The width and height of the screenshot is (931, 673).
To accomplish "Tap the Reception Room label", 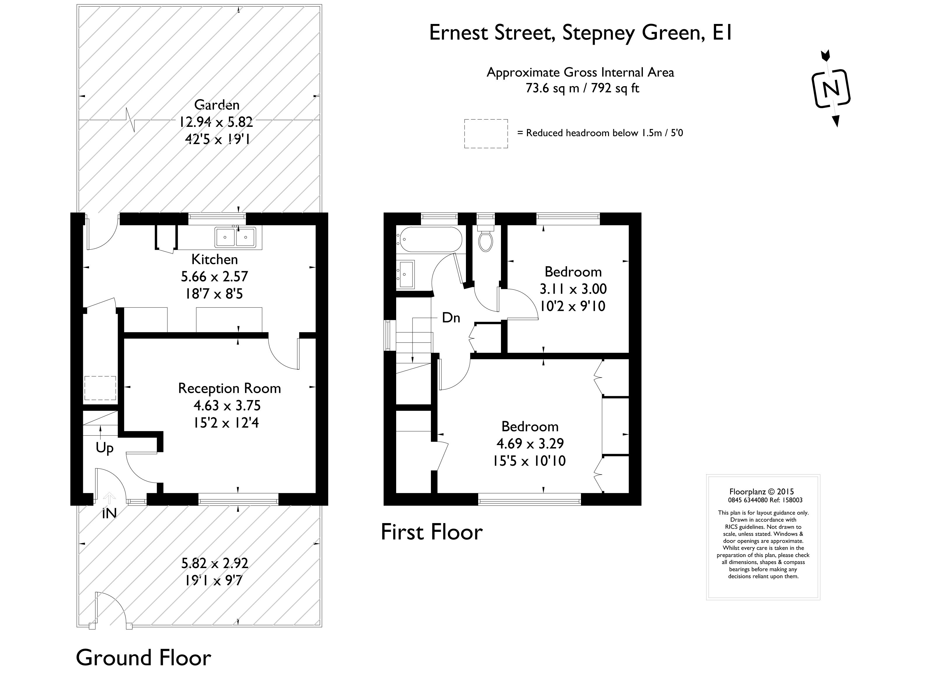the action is [x=229, y=388].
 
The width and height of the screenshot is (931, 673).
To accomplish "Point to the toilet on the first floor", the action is [x=485, y=238].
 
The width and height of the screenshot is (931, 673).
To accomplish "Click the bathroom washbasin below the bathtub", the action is [x=406, y=274].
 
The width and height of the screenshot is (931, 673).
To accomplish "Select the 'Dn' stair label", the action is [x=451, y=318].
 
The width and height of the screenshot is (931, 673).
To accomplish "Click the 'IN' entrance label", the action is [x=109, y=513].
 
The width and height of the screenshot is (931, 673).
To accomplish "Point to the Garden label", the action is [x=217, y=105].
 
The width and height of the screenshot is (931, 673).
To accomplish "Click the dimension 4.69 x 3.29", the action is [x=530, y=443].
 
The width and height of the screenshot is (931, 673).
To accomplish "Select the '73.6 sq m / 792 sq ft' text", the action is [x=582, y=88].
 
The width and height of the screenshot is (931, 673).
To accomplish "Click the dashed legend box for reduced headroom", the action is [x=486, y=134].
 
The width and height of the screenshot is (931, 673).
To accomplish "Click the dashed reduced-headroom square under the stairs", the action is [x=100, y=388].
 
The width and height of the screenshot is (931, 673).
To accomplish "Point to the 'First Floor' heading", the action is [x=432, y=532].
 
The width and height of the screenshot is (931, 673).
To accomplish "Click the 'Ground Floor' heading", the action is [x=143, y=658].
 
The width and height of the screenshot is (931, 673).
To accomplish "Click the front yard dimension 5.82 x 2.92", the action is [x=215, y=563].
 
